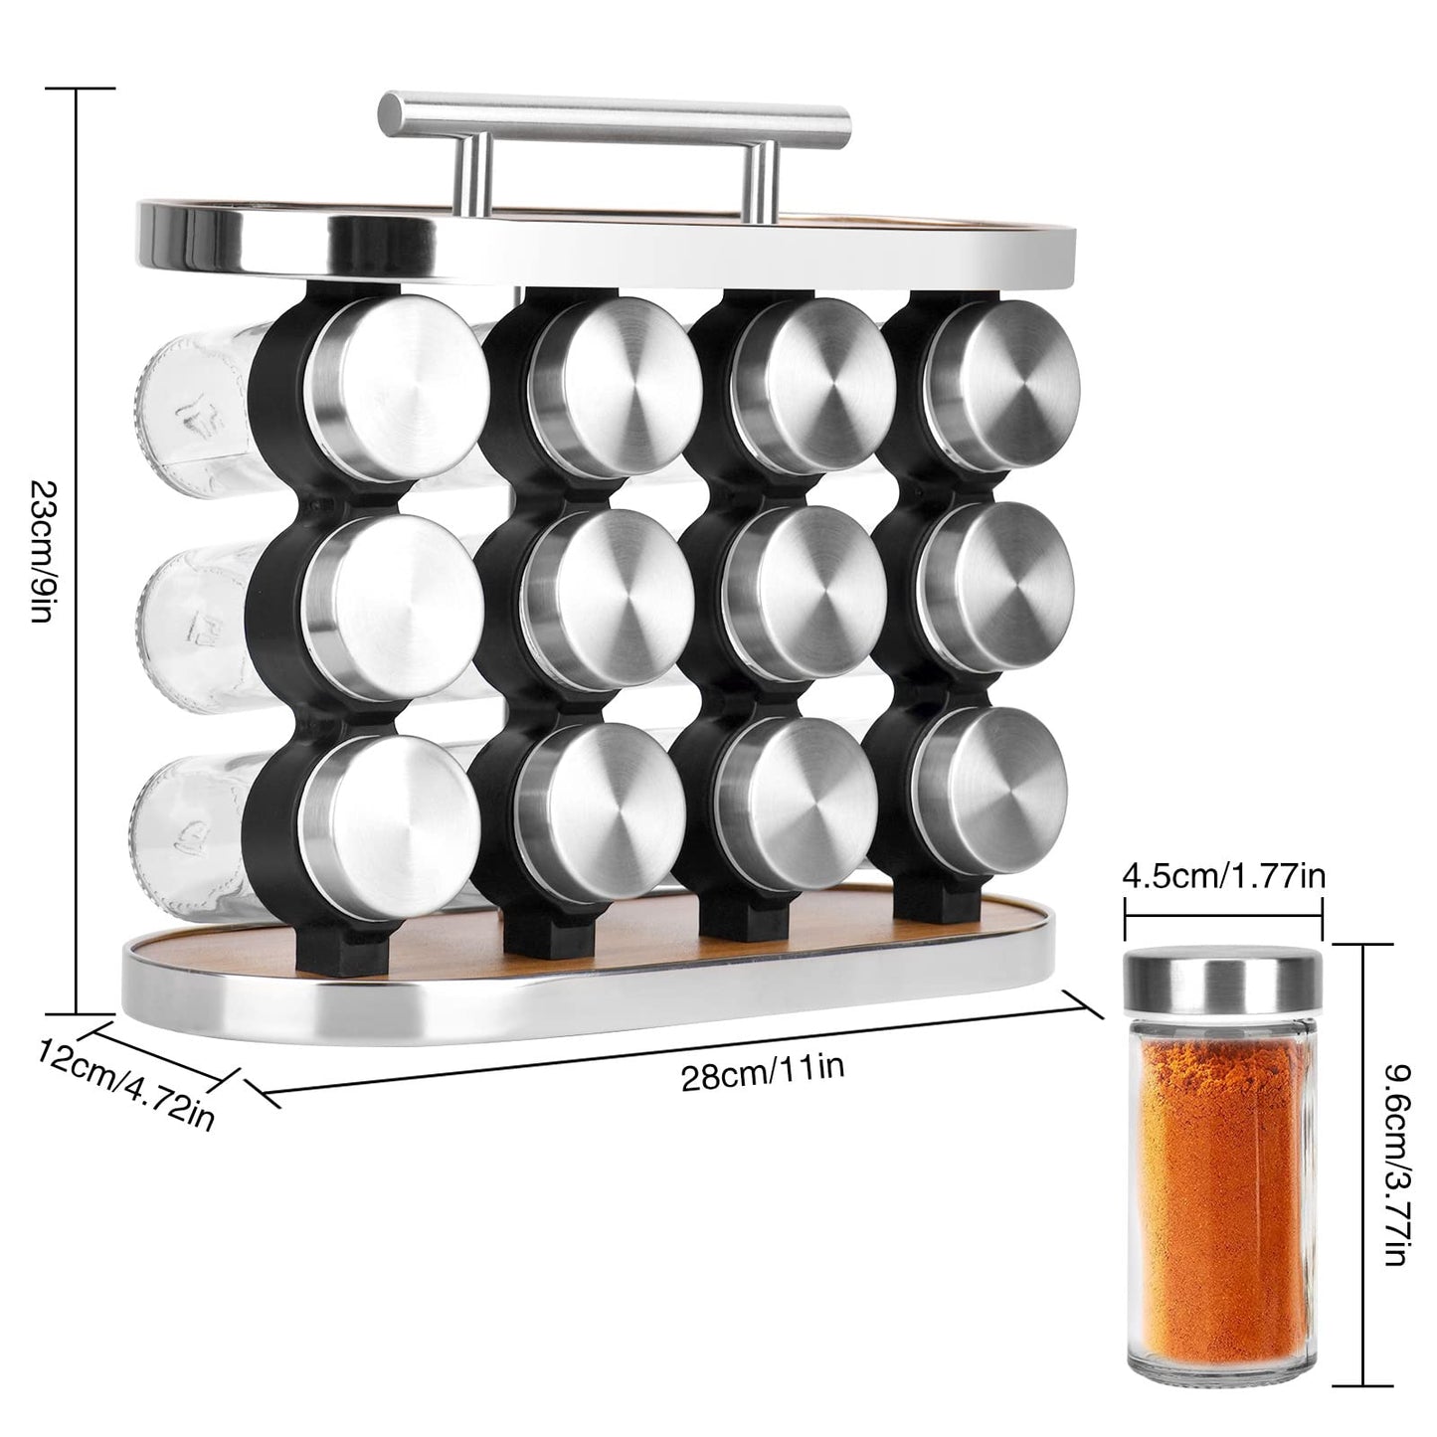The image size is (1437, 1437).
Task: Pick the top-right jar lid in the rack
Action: click(1004, 378)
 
